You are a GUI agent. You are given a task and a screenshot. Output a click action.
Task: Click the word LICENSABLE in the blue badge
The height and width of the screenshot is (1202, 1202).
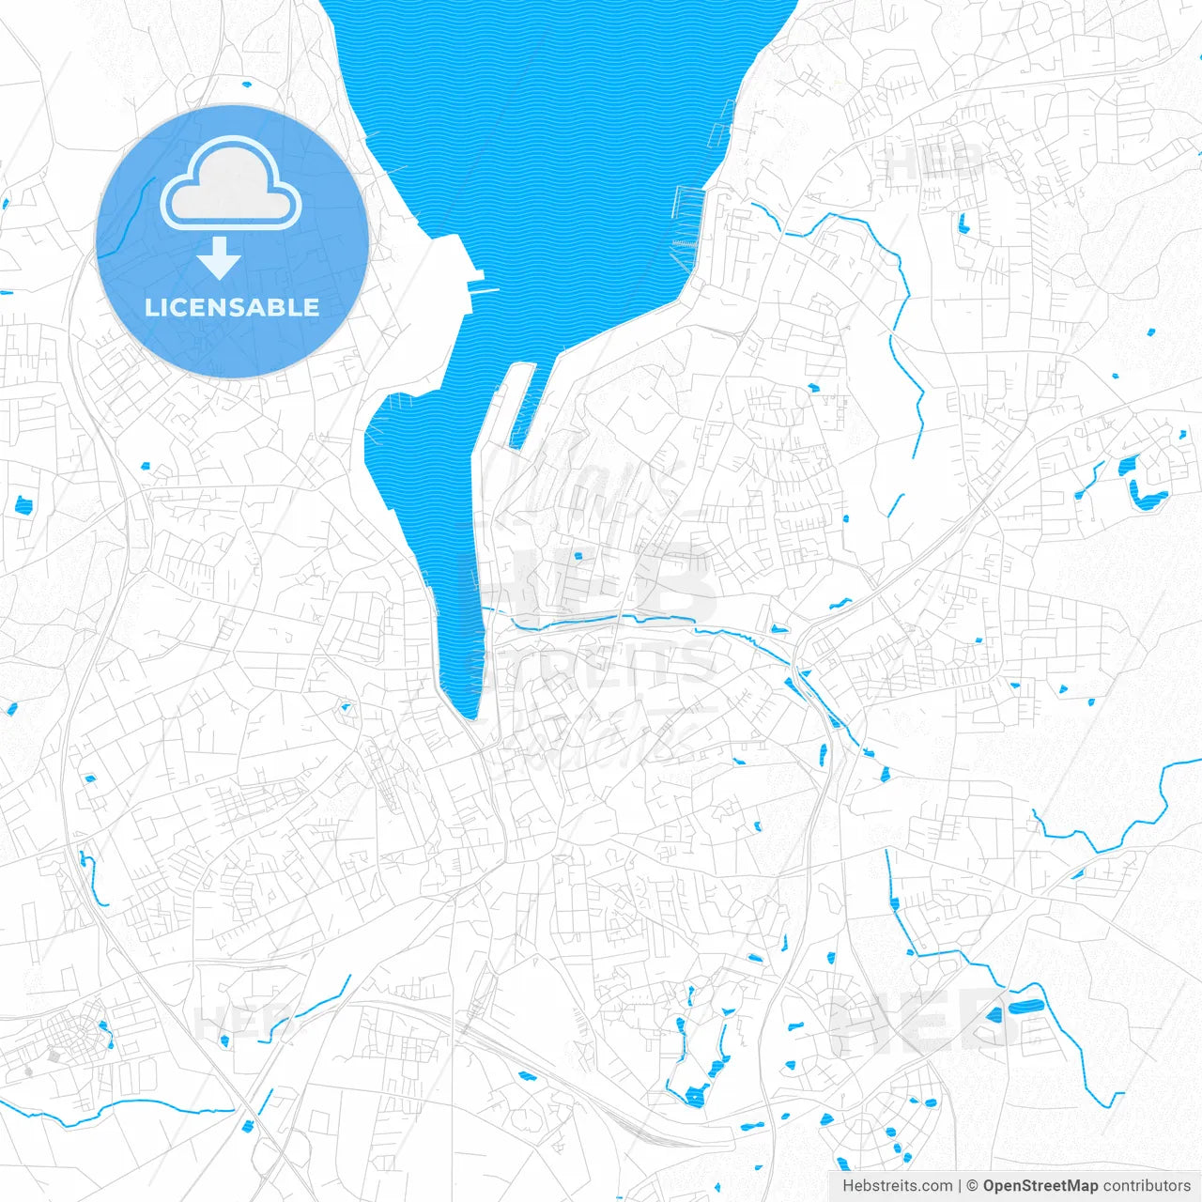(232, 307)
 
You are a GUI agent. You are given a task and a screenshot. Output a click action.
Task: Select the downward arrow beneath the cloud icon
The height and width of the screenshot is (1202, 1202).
(220, 257)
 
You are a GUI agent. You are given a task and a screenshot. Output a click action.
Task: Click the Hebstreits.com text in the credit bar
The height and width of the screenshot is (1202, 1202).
(898, 1186)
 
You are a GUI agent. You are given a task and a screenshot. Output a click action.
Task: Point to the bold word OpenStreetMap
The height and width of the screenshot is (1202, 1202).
(1040, 1186)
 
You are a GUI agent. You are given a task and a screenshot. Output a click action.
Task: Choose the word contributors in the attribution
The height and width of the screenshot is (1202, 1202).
(1147, 1186)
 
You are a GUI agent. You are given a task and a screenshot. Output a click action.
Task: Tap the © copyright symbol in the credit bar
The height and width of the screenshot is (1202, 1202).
(973, 1186)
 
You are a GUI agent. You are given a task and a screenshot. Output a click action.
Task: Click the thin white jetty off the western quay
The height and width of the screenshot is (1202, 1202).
(485, 291)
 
